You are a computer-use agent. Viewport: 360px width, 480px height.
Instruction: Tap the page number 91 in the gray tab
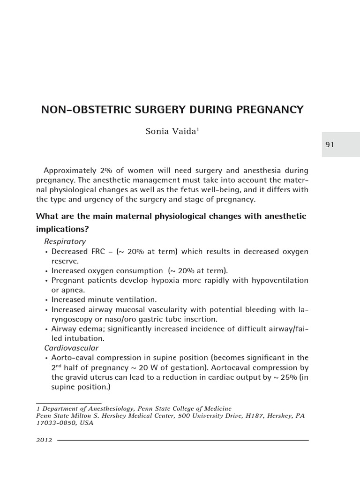330,145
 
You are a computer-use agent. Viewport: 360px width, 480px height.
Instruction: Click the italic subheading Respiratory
65,242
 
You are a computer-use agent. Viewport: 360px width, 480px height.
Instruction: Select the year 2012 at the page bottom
44,441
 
